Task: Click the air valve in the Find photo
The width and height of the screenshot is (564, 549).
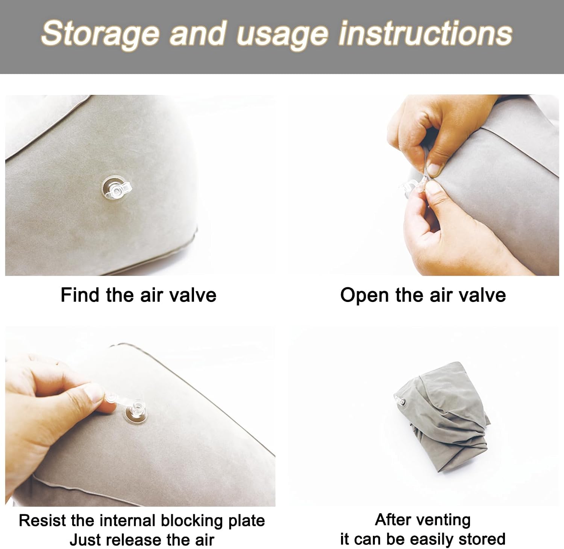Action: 117,190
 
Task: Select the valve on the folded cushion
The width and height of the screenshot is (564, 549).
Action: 399,401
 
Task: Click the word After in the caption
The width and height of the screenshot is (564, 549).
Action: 391,520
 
